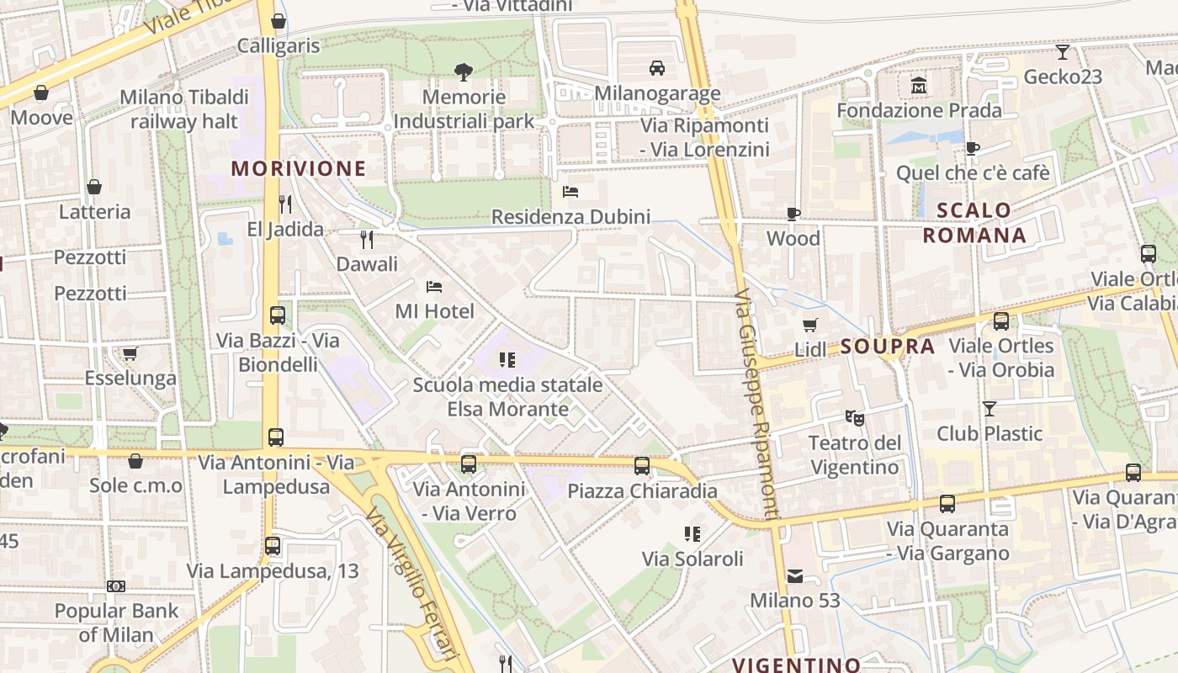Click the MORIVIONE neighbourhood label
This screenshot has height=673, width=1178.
[x=299, y=168]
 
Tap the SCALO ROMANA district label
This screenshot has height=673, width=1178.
[x=974, y=223]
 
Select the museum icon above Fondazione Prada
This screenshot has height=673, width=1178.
[x=919, y=86]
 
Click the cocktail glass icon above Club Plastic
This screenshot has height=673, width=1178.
[x=990, y=409]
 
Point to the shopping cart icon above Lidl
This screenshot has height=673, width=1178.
[x=809, y=325]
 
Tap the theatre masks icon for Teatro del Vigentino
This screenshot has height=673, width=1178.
[x=854, y=417]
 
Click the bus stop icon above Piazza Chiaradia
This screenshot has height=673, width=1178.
[x=642, y=465]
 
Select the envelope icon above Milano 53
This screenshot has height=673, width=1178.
[x=795, y=576]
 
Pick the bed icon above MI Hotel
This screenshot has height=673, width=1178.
[x=434, y=287]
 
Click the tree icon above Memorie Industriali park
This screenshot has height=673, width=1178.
[x=463, y=72]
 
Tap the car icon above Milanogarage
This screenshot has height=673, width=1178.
[x=657, y=68]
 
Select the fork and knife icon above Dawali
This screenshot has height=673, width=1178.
[x=366, y=240]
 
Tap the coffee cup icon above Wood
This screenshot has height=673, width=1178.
[x=793, y=214]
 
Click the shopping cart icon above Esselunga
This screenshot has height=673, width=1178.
[x=130, y=353]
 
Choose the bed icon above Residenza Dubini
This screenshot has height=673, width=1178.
[x=570, y=192]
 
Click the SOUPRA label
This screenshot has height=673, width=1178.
[x=888, y=347]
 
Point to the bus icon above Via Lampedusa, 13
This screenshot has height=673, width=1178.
[x=272, y=545]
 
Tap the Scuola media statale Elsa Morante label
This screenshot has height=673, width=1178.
[x=507, y=397]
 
